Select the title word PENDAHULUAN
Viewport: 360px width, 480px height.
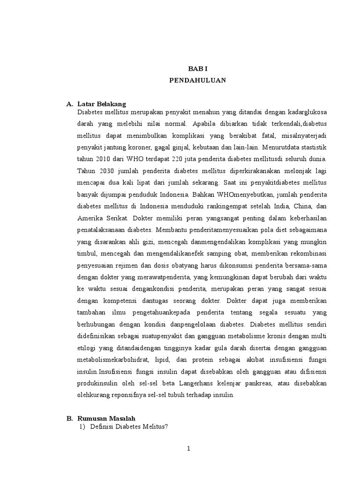tap(197, 81)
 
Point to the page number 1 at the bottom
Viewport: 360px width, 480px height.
tap(188, 449)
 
